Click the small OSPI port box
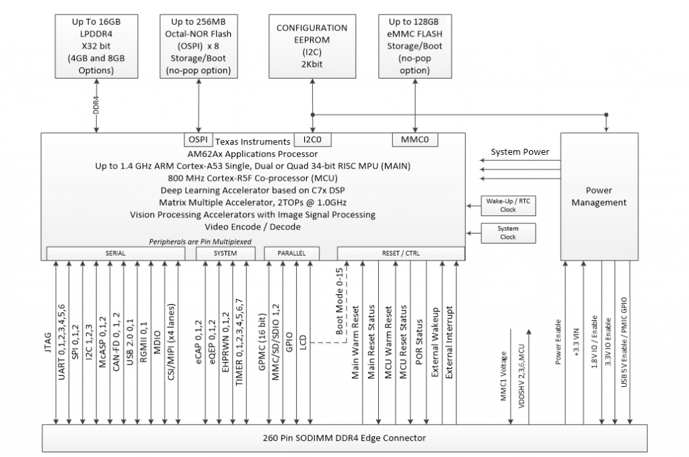pos(198,140)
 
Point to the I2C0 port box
pos(312,140)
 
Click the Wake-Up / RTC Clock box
pos(508,206)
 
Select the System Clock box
pos(508,233)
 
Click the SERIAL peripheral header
pos(116,253)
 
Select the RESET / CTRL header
pos(400,253)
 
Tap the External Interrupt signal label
pos(449,342)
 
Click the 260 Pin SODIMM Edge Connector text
pos(344,438)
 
